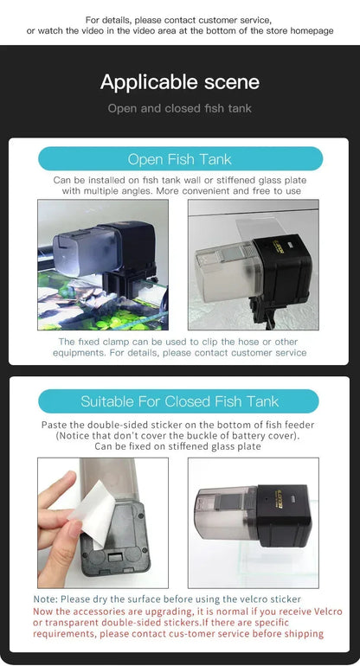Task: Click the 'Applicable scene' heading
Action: tap(179, 82)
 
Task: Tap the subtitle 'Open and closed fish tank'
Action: tap(179, 109)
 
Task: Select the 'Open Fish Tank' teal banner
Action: tap(180, 159)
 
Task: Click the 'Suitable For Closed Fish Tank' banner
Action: tap(180, 401)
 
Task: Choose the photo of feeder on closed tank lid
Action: tap(253, 522)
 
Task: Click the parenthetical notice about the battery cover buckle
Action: tap(180, 436)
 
